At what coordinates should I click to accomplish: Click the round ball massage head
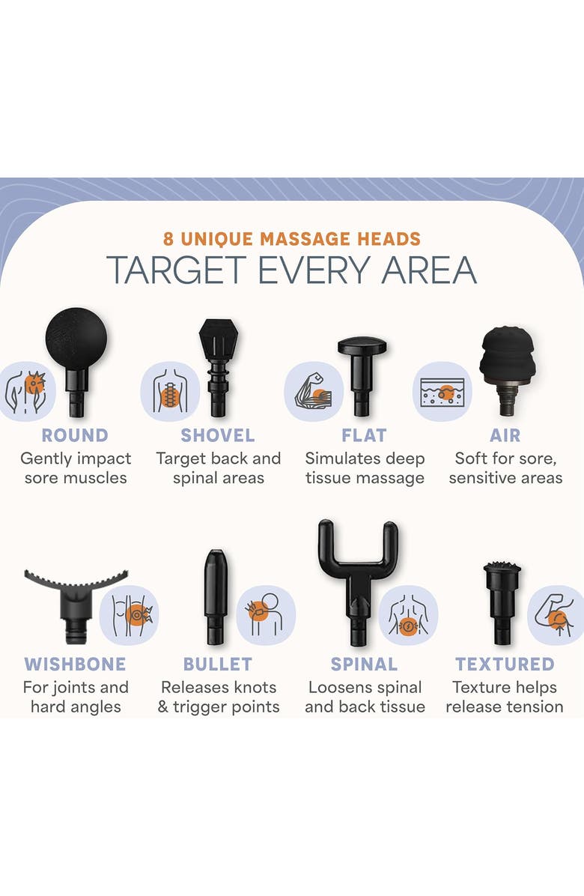click(x=76, y=354)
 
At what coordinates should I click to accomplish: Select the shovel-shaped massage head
click(x=219, y=366)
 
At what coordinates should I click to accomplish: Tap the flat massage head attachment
click(x=362, y=375)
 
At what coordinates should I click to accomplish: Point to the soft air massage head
click(x=508, y=369)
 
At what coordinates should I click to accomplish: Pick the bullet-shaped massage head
click(x=216, y=597)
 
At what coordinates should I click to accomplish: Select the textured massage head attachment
click(x=502, y=603)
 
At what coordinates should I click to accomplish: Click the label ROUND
click(x=75, y=435)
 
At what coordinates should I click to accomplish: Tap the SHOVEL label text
click(x=218, y=435)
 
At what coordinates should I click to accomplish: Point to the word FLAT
click(x=364, y=435)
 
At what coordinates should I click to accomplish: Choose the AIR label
click(x=505, y=435)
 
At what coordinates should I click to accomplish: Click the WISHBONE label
click(x=76, y=664)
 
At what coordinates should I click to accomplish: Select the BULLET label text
click(x=217, y=664)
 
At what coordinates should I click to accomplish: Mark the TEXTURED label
click(x=505, y=664)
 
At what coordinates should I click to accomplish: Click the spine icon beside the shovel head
click(x=169, y=391)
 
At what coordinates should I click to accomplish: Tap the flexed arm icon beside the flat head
click(x=314, y=391)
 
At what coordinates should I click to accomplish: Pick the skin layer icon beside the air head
click(x=442, y=391)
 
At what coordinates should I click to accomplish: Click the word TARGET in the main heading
click(x=177, y=270)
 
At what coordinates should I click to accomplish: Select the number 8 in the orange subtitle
click(x=168, y=239)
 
